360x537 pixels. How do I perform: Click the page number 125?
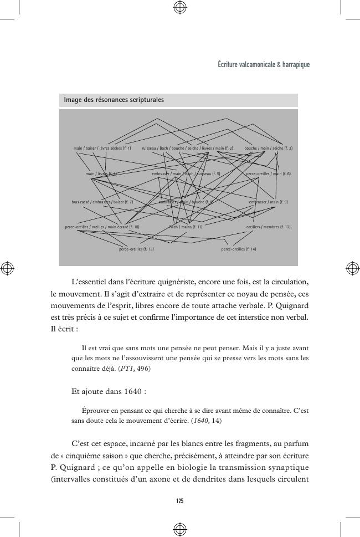(x=179, y=501)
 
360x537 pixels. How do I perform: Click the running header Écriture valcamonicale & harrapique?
(x=264, y=65)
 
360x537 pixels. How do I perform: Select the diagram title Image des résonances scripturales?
(x=114, y=100)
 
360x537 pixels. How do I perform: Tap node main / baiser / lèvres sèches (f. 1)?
(x=102, y=149)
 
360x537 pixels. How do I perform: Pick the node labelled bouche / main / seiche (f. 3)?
(x=269, y=149)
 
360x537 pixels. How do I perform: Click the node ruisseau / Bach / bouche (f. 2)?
(x=187, y=149)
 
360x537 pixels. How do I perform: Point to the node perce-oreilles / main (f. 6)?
(x=268, y=174)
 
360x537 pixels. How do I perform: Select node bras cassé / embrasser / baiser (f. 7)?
(x=102, y=202)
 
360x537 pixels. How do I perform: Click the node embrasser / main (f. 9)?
(x=268, y=202)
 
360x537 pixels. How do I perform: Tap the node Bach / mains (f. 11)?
(x=186, y=227)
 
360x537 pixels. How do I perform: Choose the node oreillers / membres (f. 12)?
(x=268, y=227)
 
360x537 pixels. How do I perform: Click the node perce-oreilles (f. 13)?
(x=136, y=249)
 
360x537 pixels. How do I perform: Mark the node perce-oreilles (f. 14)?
(x=238, y=249)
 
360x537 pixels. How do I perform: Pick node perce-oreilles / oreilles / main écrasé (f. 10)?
(x=102, y=227)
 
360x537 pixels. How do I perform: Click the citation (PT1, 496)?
(x=135, y=369)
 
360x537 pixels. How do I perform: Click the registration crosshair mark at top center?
(x=179, y=7)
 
